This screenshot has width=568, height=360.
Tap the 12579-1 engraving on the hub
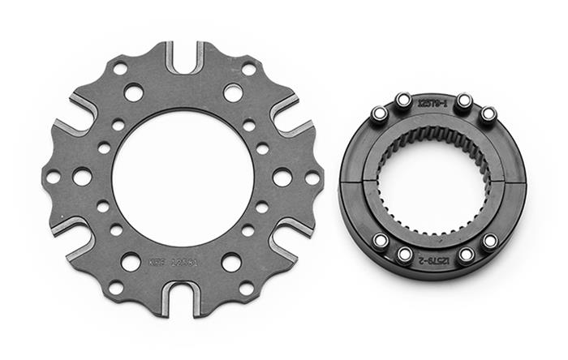pyautogui.click(x=432, y=105)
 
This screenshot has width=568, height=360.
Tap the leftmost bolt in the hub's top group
pyautogui.click(x=379, y=114)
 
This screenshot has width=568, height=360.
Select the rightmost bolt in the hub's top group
pyautogui.click(x=488, y=114)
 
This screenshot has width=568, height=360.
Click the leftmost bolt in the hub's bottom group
pyautogui.click(x=379, y=241)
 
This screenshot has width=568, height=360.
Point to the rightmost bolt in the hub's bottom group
pyautogui.click(x=489, y=241)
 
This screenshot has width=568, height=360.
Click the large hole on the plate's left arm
pyautogui.click(x=82, y=176)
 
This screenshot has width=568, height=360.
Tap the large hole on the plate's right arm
pyautogui.click(x=282, y=177)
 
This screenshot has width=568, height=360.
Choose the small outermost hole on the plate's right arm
pyautogui.click(x=312, y=177)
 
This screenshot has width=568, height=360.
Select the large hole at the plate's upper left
pyautogui.click(x=133, y=92)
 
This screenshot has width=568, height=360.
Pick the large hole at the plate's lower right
pyautogui.click(x=231, y=262)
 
